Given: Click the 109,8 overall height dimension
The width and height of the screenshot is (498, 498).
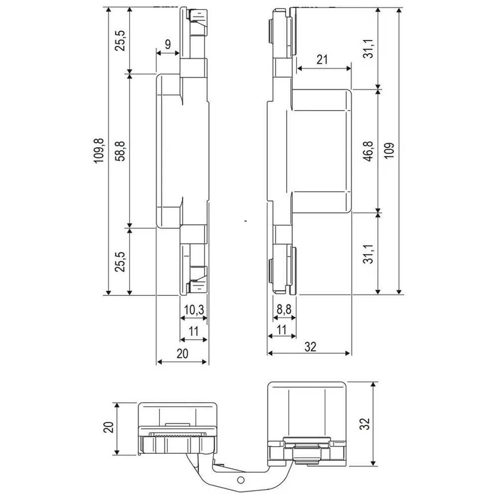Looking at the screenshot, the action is click(x=99, y=151).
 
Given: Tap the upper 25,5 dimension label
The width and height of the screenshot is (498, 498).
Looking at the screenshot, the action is click(x=121, y=41).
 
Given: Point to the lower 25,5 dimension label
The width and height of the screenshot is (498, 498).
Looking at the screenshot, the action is click(x=121, y=262).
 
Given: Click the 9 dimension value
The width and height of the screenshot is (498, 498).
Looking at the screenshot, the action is click(x=168, y=44).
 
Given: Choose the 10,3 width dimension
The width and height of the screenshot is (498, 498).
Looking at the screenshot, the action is click(x=194, y=309).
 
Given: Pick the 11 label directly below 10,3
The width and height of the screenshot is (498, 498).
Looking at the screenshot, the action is click(x=193, y=331).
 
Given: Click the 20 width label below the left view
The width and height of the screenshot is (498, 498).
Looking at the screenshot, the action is click(x=183, y=354).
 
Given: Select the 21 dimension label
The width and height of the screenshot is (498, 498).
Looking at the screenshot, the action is click(x=322, y=59).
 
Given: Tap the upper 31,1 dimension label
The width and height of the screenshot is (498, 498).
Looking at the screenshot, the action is click(x=369, y=49).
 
